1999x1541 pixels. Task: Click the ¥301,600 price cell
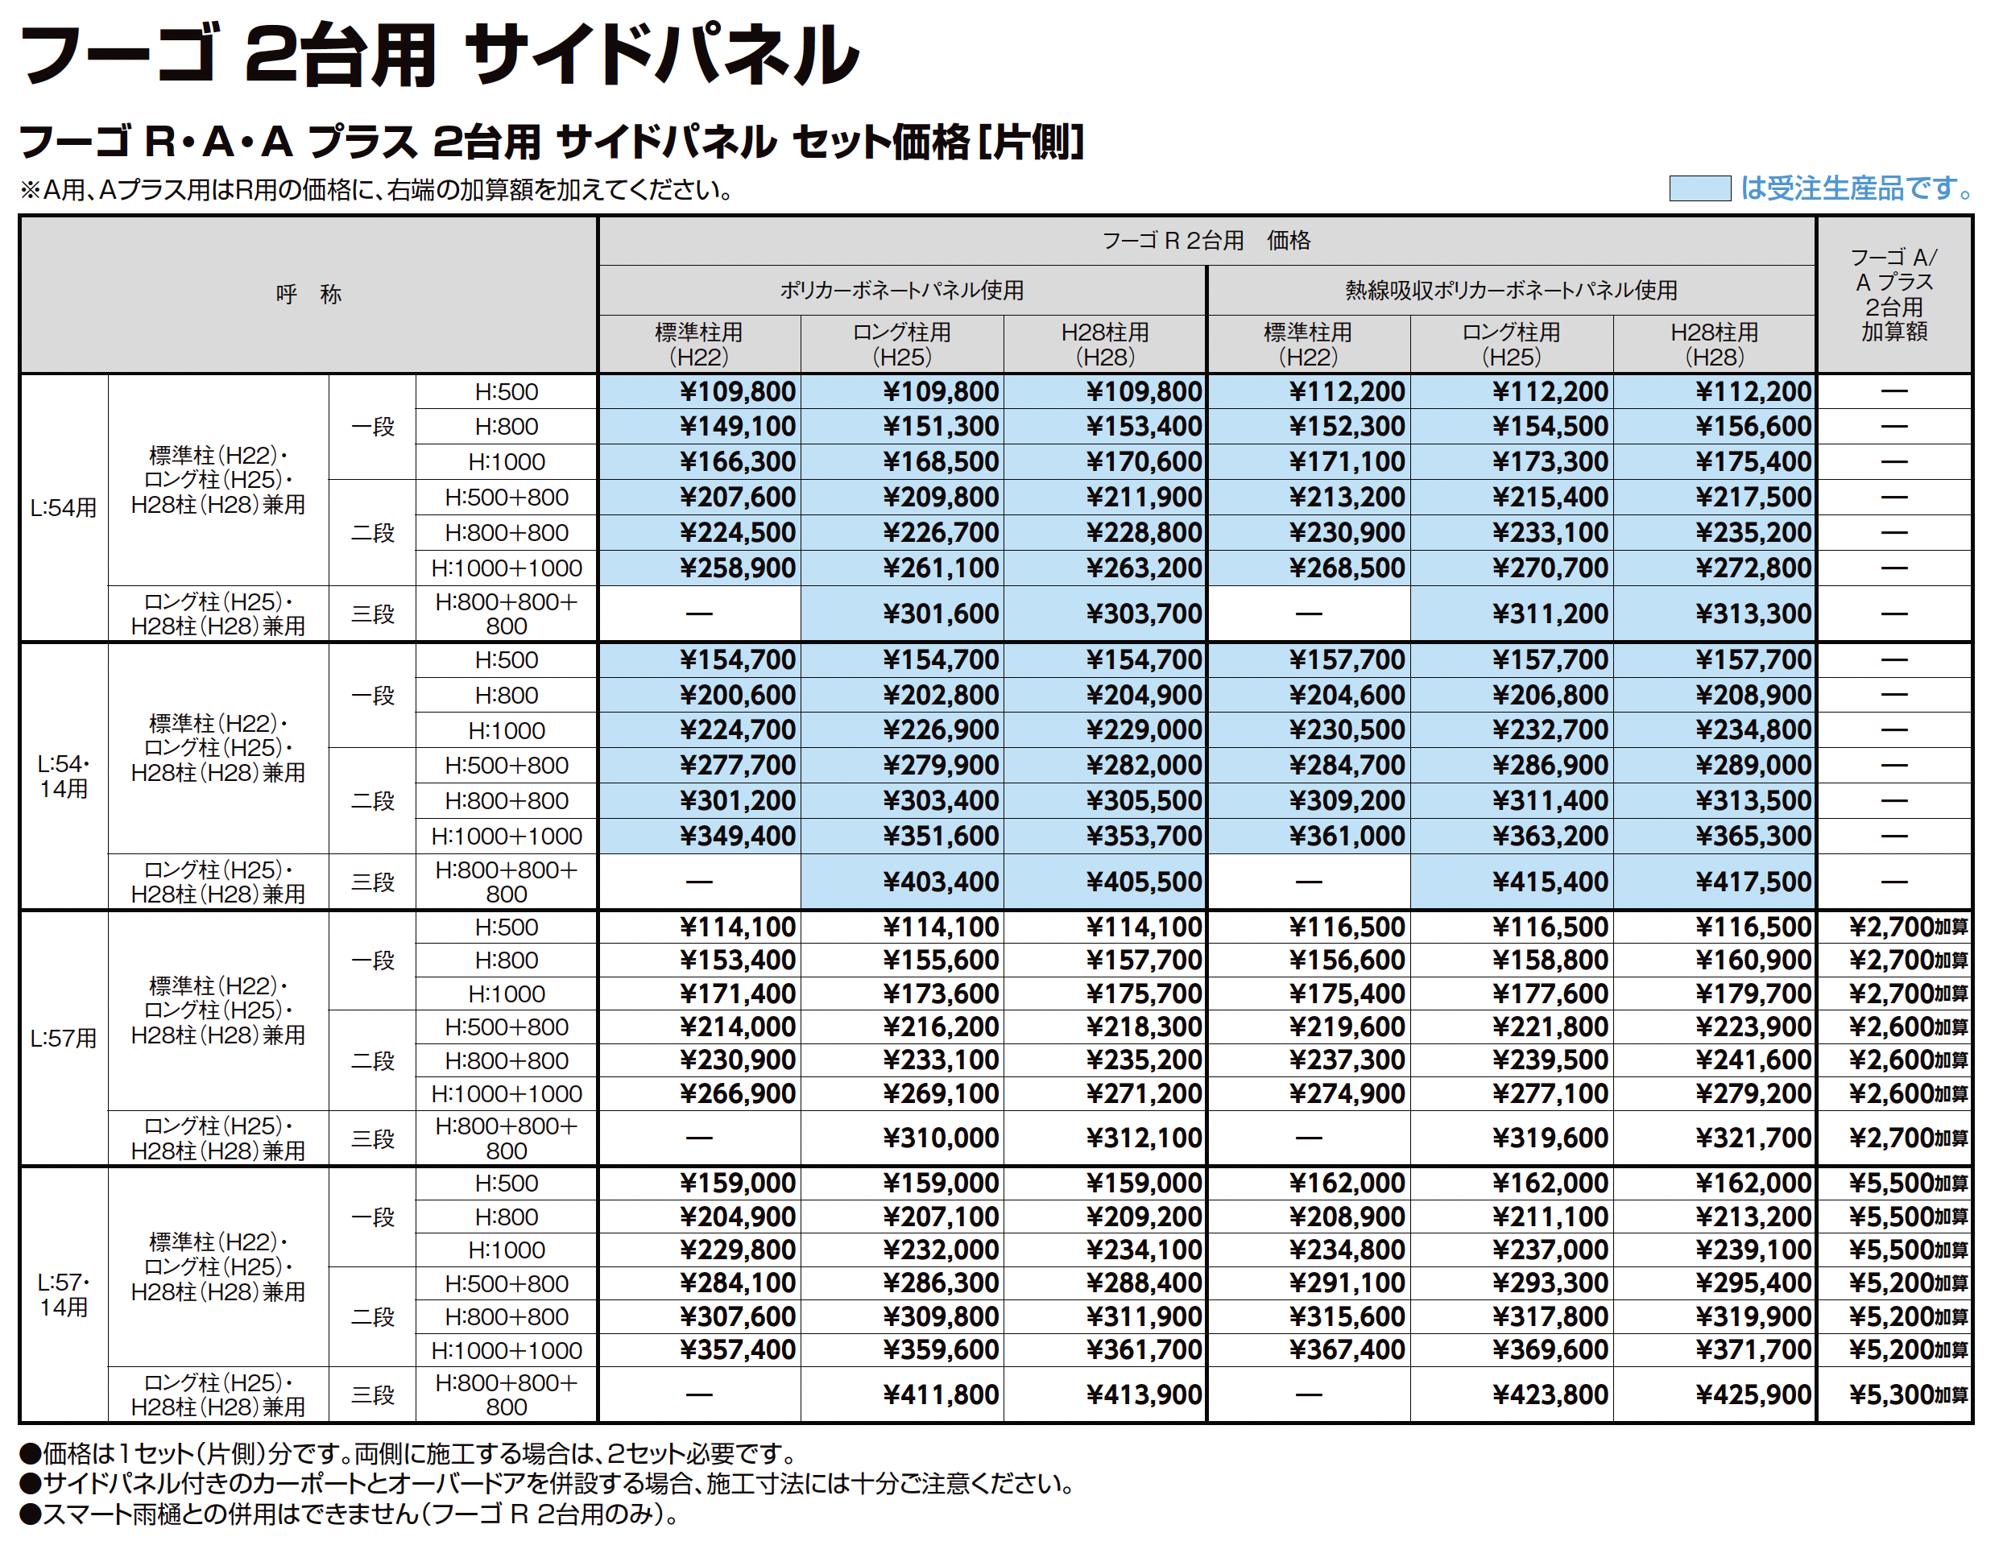(940, 614)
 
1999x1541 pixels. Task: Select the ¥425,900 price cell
(1753, 1394)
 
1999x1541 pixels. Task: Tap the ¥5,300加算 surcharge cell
(1907, 1394)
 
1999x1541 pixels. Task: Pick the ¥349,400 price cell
(737, 836)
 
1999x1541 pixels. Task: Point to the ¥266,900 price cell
(737, 1093)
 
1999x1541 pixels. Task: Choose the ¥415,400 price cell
(1550, 882)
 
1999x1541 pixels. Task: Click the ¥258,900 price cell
(737, 568)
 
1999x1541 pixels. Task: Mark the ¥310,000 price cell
(940, 1138)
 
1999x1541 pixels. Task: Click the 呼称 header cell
(308, 295)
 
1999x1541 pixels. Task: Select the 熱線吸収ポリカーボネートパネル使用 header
(1510, 290)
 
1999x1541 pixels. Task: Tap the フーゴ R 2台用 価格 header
(1206, 241)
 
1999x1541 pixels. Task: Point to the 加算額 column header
(1893, 295)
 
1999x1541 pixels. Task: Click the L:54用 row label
(63, 508)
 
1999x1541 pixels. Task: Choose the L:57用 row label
(63, 1039)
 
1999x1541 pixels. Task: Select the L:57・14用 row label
(63, 1294)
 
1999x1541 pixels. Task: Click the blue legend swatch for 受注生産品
(1699, 188)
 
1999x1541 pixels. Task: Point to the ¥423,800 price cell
(1550, 1394)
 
